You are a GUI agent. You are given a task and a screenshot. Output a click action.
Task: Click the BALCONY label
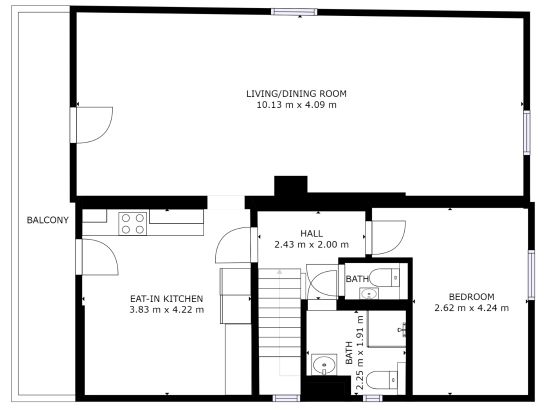pos(48,220)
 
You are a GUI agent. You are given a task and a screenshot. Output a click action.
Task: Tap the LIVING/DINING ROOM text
pos(296,94)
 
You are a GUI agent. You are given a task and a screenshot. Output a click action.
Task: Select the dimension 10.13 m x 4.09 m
pos(296,105)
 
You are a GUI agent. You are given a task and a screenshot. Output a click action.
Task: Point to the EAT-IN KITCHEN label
pos(167,299)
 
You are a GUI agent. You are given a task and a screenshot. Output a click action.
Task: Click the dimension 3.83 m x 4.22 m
pos(167,310)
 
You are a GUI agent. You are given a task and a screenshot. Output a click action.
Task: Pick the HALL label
pos(312,233)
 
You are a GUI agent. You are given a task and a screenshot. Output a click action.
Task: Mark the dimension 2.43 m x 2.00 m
pos(312,244)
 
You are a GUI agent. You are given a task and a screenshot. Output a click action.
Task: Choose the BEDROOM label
pos(471,297)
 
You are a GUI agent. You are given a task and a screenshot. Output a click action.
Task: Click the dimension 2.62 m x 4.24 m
pos(471,308)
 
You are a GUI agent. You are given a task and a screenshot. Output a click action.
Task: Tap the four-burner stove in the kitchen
pos(133,224)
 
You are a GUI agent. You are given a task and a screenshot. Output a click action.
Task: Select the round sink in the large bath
pos(324,365)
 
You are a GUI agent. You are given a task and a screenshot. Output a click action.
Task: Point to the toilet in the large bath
pos(382,380)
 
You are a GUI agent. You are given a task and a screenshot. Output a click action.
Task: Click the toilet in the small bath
pos(384,277)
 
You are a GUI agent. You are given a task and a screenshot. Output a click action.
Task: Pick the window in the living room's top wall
pos(294,12)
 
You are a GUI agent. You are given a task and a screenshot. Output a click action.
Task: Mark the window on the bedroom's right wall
pos(531,275)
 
